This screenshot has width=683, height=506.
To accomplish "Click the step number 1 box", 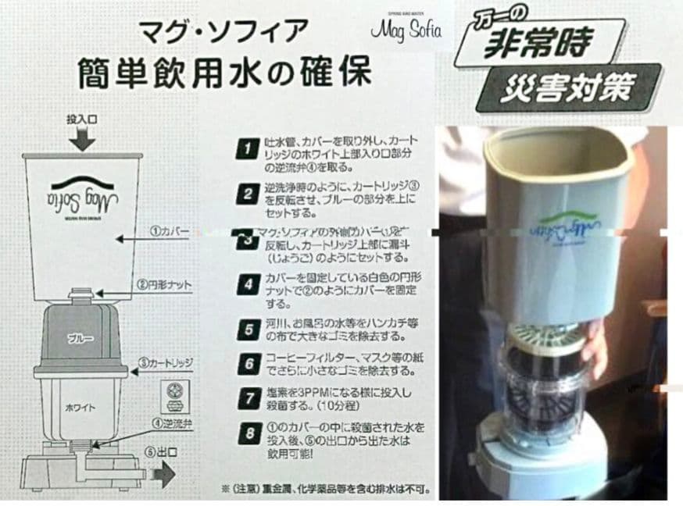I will pyautogui.click(x=247, y=148).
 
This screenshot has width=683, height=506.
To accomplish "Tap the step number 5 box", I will pyautogui.click(x=247, y=329).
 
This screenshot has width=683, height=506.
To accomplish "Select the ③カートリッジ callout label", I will pyautogui.click(x=165, y=364).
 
